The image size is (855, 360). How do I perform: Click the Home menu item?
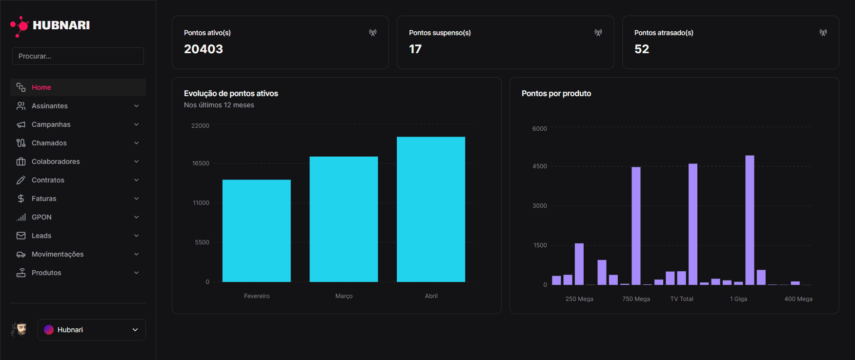[41, 87]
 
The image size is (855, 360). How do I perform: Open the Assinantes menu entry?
[50, 106]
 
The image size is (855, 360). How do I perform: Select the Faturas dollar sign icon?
[21, 199]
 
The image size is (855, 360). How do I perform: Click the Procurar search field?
[78, 56]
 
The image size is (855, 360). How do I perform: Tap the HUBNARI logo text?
[61, 25]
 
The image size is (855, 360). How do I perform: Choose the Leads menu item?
[41, 236]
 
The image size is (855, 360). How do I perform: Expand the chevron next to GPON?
[137, 217]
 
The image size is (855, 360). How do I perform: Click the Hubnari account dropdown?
[92, 330]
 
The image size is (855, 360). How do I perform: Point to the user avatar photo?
[20, 329]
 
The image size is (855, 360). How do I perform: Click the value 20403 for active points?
[204, 49]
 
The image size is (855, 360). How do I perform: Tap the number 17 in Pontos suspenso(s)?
[415, 49]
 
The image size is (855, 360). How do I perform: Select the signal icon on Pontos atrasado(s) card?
[823, 33]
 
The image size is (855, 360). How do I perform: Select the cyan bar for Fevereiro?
[257, 231]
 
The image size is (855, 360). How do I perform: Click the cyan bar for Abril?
[431, 209]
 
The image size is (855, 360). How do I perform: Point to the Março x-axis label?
[344, 296]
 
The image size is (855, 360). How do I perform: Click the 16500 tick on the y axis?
[201, 163]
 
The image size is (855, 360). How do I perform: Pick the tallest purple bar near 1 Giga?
[750, 220]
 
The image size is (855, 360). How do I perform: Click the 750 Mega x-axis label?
[636, 299]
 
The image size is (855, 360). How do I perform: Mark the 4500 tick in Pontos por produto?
[540, 166]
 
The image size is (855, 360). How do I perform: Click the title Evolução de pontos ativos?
[231, 93]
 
